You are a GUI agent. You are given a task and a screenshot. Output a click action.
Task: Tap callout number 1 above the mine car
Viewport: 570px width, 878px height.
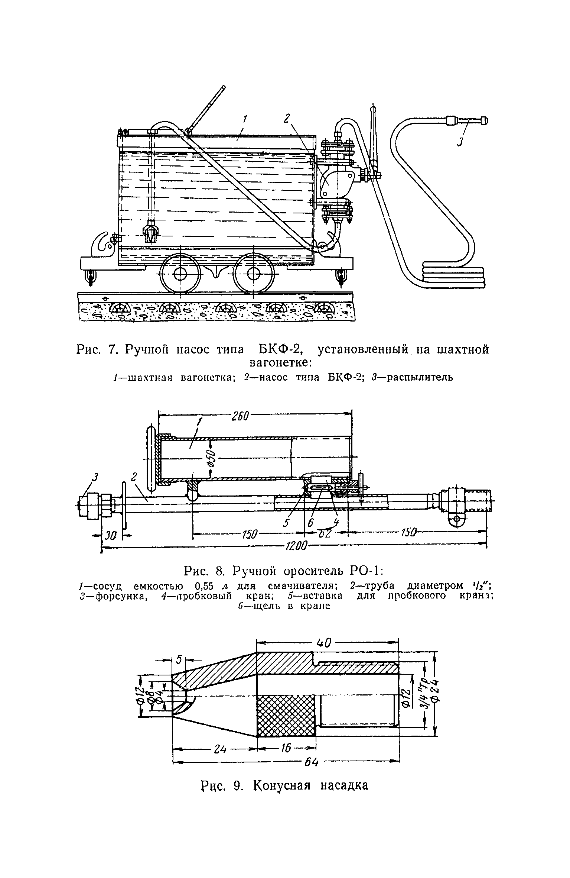tap(245, 119)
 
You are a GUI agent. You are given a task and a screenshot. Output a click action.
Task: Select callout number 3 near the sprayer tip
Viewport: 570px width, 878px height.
tap(460, 142)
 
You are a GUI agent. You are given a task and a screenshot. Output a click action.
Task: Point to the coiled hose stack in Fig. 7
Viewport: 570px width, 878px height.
tap(453, 275)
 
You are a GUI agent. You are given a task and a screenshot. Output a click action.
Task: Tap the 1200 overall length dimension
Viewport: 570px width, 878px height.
tap(296, 546)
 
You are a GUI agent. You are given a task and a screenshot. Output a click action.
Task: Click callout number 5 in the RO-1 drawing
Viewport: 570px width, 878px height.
tap(286, 523)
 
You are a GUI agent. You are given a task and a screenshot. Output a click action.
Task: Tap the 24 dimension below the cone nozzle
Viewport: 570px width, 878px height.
tap(220, 750)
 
